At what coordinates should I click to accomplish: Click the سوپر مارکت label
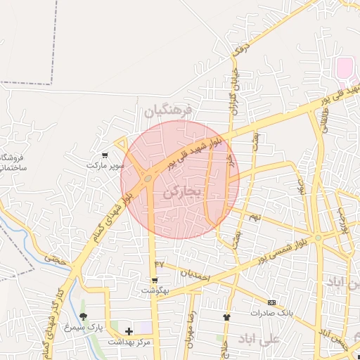point(105,165)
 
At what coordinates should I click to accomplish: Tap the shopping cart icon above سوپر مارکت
point(105,155)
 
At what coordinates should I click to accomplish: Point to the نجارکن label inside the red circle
point(181,191)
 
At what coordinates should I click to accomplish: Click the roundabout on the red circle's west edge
point(148,179)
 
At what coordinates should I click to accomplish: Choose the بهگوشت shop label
point(155,290)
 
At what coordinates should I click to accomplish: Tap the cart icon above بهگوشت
point(155,280)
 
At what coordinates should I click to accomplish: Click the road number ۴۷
point(159,263)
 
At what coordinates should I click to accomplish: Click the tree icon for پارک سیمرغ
point(84,316)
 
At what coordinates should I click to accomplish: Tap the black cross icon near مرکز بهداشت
point(128,330)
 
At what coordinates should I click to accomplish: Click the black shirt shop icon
point(226,317)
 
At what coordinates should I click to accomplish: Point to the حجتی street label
point(55,259)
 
